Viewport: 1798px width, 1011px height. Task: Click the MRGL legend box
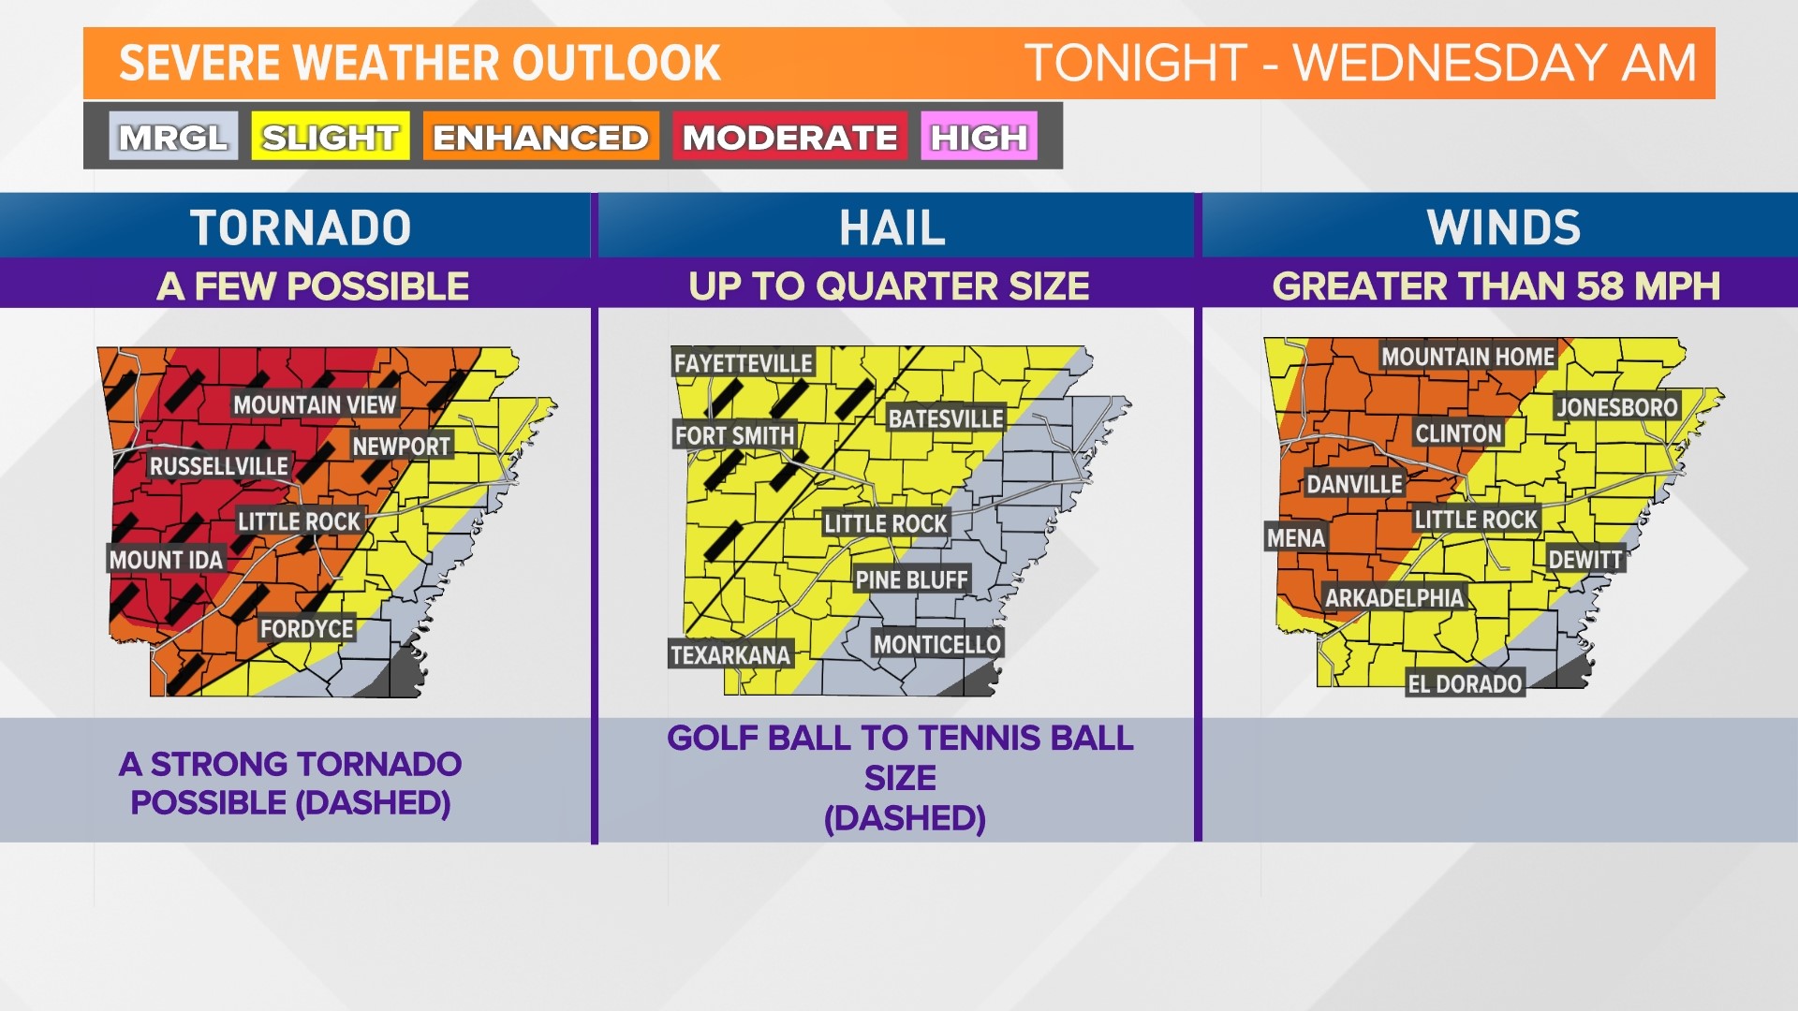[x=173, y=137]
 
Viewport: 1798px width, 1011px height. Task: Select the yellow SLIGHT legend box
[x=330, y=137]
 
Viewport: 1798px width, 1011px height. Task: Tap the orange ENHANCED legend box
[x=540, y=137]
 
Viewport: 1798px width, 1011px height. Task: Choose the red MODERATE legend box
[x=789, y=137]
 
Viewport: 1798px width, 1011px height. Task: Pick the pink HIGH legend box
[x=979, y=137]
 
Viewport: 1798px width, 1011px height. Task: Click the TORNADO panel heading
[x=301, y=227]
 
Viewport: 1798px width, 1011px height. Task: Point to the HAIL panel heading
[x=892, y=227]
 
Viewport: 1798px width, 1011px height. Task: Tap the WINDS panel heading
[x=1503, y=227]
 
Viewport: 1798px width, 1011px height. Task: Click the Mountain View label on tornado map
[x=315, y=404]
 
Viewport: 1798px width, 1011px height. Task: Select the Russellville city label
[x=219, y=466]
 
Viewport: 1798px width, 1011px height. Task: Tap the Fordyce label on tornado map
[x=307, y=629]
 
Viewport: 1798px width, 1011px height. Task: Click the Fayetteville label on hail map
[x=744, y=363]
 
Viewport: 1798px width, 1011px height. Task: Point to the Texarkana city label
[x=730, y=654]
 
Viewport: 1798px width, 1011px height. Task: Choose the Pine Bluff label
[x=911, y=580]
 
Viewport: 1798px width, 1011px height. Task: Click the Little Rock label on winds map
[x=1476, y=520]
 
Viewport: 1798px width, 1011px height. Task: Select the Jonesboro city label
[x=1617, y=407]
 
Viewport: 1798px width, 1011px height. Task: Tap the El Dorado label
[x=1465, y=684]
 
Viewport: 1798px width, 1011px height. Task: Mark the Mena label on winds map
[x=1296, y=538]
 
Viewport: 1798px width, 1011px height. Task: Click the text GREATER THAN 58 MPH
[x=1496, y=286]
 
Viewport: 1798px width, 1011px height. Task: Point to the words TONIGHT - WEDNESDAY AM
[x=1361, y=64]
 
